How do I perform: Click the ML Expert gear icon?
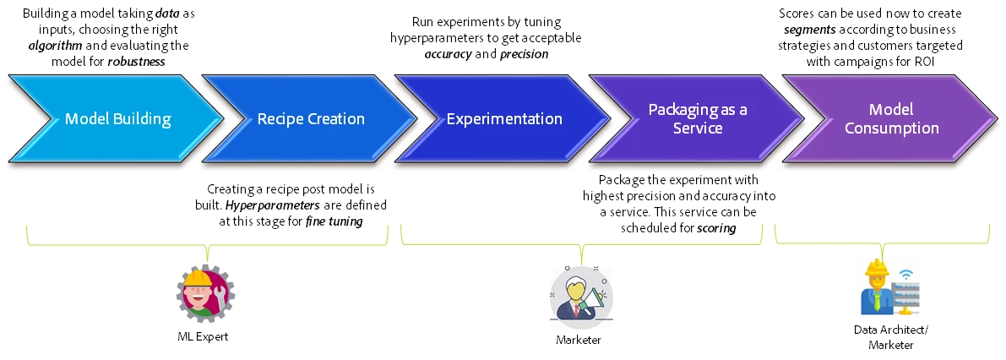(205, 292)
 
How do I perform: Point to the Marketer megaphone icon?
(580, 297)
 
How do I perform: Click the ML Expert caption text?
(204, 337)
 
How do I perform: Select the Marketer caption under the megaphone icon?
(578, 340)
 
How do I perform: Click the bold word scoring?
(717, 228)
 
